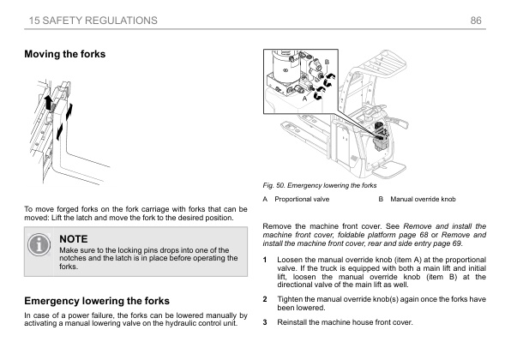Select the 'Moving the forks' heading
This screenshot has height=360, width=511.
(x=65, y=54)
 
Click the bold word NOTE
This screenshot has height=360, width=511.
(x=74, y=237)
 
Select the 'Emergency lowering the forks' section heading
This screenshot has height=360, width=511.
(x=101, y=301)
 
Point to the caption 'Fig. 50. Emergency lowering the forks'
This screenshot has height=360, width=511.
(x=319, y=185)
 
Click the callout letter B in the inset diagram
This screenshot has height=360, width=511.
(x=327, y=63)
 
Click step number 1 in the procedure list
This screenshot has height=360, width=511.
(x=265, y=260)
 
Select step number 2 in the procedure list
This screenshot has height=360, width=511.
(x=265, y=298)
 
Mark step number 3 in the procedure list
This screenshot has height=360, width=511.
(x=265, y=322)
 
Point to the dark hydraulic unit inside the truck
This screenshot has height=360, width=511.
(x=379, y=134)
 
